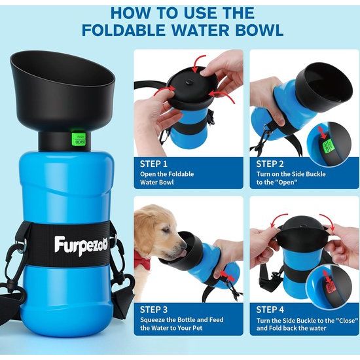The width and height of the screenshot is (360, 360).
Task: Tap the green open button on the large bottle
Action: [80, 138]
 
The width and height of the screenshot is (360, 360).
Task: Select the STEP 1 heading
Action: [154, 164]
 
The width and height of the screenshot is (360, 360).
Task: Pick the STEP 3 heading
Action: [154, 310]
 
